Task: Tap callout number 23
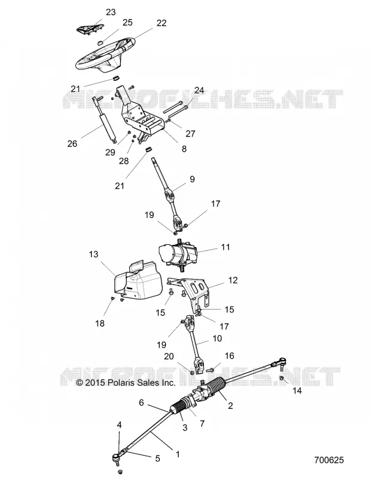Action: pyautogui.click(x=111, y=12)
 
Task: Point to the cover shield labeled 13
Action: pyautogui.click(x=138, y=280)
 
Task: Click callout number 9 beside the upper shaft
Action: pyautogui.click(x=192, y=179)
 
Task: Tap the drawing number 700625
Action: pyautogui.click(x=329, y=460)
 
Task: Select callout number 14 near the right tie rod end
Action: pyautogui.click(x=297, y=390)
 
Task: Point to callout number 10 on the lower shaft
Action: pyautogui.click(x=217, y=338)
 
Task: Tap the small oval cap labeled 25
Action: pyautogui.click(x=100, y=43)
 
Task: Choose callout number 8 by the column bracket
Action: pyautogui.click(x=184, y=148)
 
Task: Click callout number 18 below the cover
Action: pyautogui.click(x=100, y=323)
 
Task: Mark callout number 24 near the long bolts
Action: pyautogui.click(x=199, y=90)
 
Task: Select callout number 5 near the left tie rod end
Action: pyautogui.click(x=157, y=458)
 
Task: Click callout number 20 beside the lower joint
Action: pyautogui.click(x=169, y=356)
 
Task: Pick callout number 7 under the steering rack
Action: pyautogui.click(x=202, y=424)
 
